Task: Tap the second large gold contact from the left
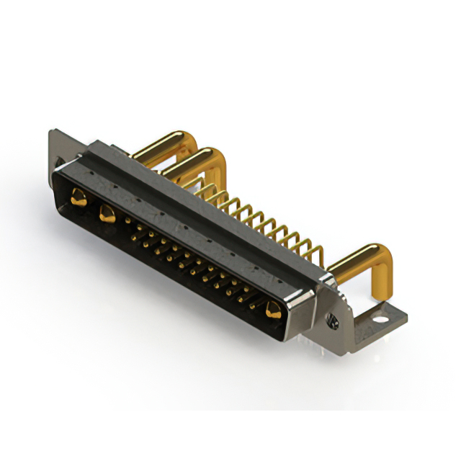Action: [107, 212]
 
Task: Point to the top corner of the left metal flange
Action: [53, 133]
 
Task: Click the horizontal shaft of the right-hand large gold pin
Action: [353, 264]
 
